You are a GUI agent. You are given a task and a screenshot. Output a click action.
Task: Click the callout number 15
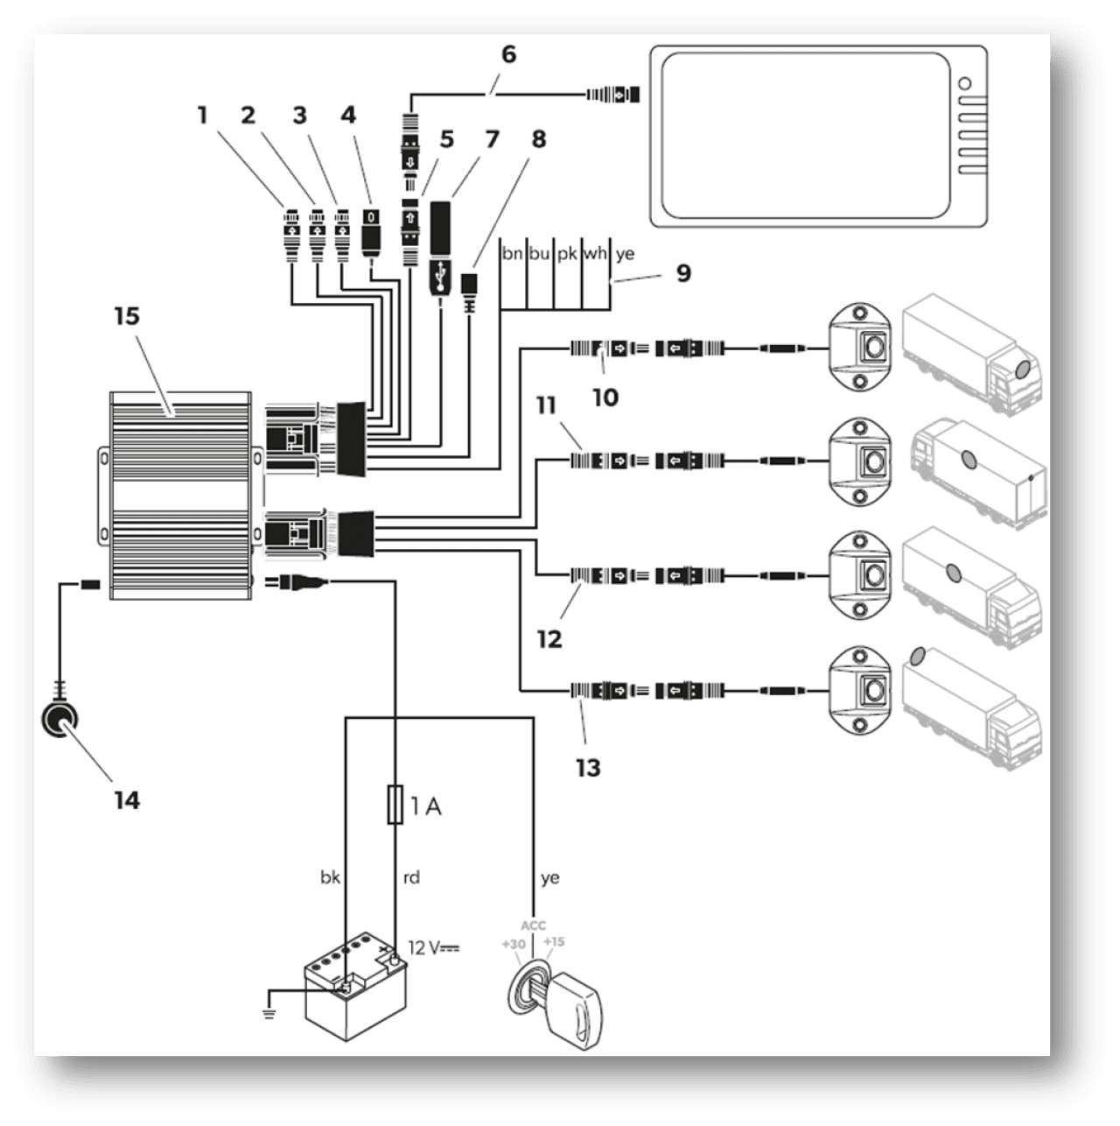127,316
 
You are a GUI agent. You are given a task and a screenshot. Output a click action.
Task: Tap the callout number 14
127,800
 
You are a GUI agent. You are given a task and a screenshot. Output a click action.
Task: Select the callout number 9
683,273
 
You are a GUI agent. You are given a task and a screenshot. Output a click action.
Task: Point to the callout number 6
508,54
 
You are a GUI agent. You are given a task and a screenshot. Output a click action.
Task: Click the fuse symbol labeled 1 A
395,806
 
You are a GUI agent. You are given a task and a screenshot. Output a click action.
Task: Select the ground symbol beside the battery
269,1013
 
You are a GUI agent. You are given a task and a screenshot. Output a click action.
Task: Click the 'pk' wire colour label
567,254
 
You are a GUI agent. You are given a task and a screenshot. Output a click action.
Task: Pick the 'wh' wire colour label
595,254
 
